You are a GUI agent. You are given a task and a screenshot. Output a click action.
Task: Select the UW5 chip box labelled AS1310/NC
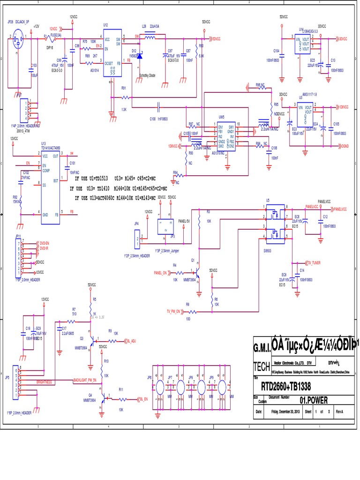coord(225,136)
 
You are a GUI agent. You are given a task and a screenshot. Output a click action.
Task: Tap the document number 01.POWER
coord(314,400)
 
